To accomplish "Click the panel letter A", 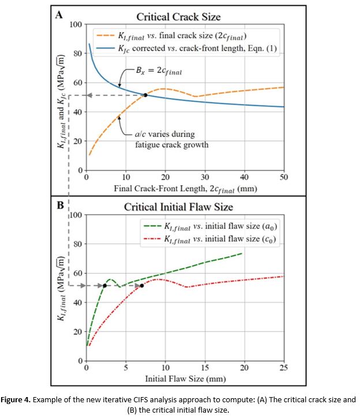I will tap(58, 16).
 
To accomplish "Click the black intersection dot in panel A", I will tap(145, 95).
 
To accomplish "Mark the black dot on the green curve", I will tap(104, 286).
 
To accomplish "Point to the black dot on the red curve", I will tap(142, 286).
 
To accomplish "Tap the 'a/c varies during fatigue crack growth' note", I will tap(169, 139).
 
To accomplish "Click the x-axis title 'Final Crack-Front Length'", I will tap(185, 188).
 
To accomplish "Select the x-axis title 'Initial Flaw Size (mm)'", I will tap(185, 378).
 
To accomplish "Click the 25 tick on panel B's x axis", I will tap(283, 368).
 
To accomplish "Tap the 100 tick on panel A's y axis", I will tap(75, 24).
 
